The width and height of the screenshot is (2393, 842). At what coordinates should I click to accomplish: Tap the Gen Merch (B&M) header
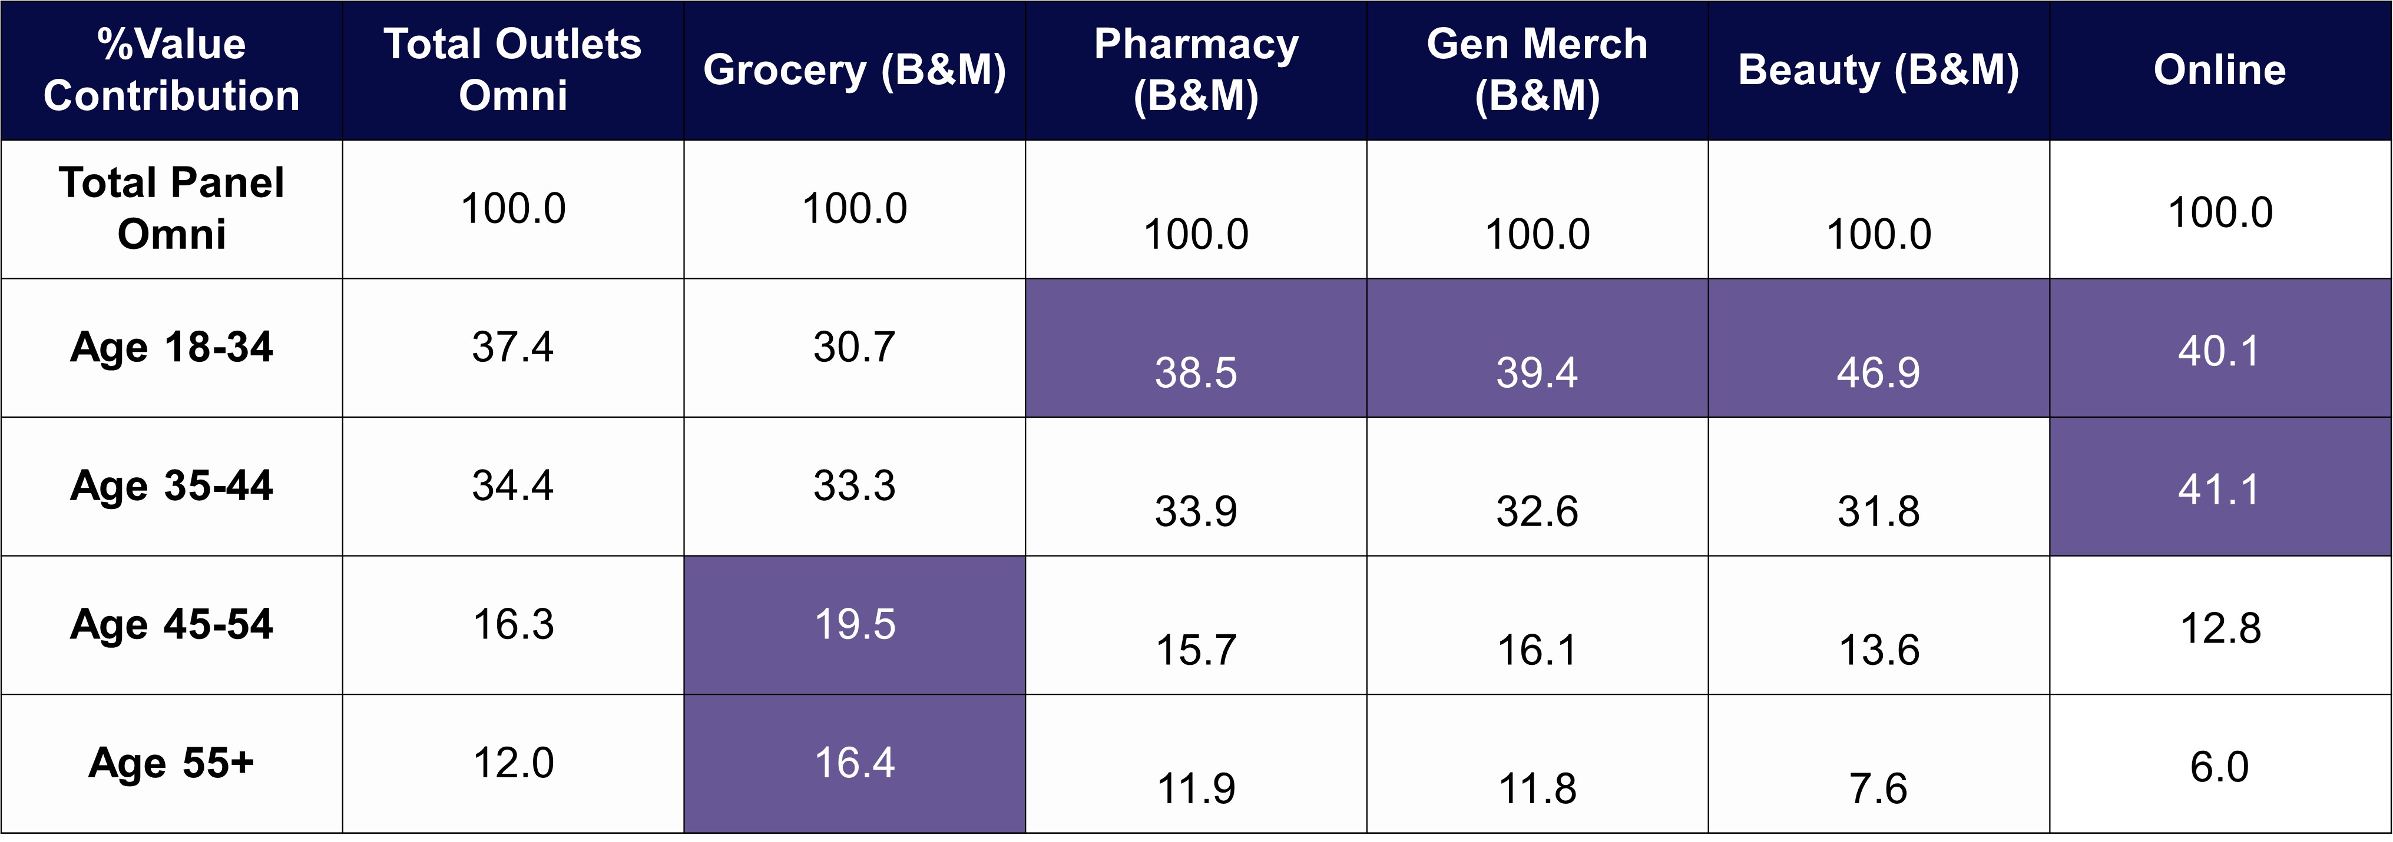1537,69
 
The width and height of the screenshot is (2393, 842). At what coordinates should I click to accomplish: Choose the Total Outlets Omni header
513,69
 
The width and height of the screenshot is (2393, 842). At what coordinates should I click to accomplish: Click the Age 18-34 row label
172,347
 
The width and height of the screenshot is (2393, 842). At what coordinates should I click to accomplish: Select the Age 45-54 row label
172,625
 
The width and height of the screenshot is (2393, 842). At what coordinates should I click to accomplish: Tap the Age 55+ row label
172,763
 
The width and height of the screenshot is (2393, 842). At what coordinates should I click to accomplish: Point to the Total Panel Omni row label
172,208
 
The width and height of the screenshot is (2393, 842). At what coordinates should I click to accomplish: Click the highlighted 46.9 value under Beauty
1878,373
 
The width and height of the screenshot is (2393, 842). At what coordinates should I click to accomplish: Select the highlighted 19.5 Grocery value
855,625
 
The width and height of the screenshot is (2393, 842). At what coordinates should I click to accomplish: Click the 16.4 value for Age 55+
855,763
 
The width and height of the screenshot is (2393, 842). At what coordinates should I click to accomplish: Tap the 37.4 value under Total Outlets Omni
513,347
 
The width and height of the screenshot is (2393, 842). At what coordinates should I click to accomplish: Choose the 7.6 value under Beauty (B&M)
1878,789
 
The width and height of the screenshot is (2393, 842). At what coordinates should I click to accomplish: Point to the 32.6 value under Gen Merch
1537,511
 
